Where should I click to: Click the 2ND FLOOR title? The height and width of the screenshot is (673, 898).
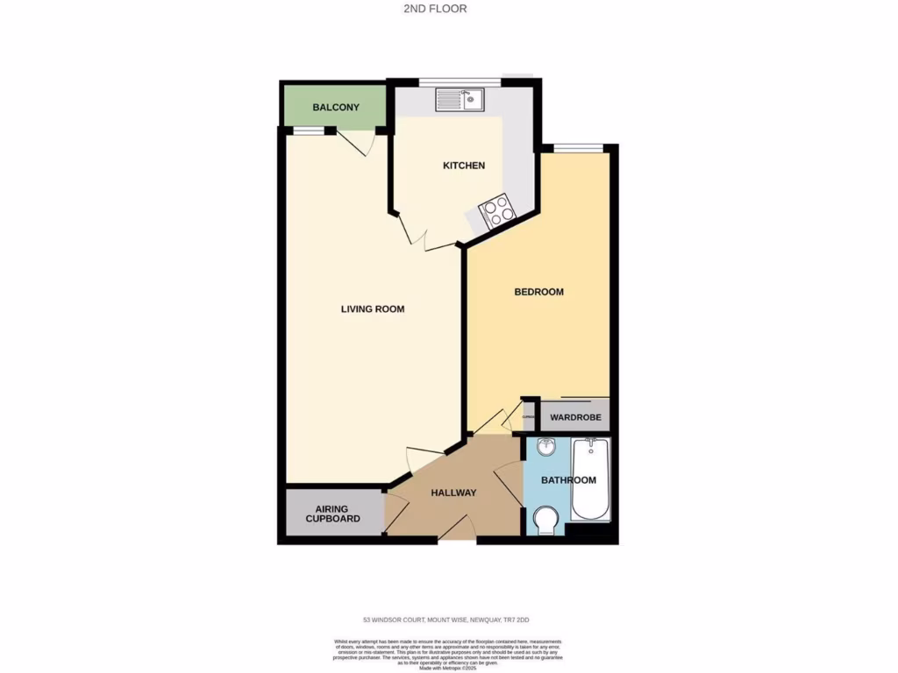(x=448, y=9)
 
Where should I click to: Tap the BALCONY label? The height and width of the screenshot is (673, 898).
(x=335, y=108)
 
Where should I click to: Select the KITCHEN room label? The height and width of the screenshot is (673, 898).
(x=463, y=166)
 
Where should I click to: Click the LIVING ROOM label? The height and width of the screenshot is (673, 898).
(x=373, y=309)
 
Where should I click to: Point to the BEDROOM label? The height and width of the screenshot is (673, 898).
(x=538, y=292)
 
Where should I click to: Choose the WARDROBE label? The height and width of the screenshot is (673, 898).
(x=575, y=417)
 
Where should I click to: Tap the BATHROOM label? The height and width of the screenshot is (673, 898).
(x=568, y=480)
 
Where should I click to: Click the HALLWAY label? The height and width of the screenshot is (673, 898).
(x=453, y=492)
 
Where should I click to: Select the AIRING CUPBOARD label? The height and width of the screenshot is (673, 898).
(x=332, y=514)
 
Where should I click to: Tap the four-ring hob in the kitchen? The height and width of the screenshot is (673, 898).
(x=496, y=210)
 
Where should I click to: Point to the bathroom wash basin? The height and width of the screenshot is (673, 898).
(x=545, y=448)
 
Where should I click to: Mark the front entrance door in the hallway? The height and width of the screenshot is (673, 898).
(x=459, y=529)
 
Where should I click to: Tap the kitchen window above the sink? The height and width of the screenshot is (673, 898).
(x=459, y=82)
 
